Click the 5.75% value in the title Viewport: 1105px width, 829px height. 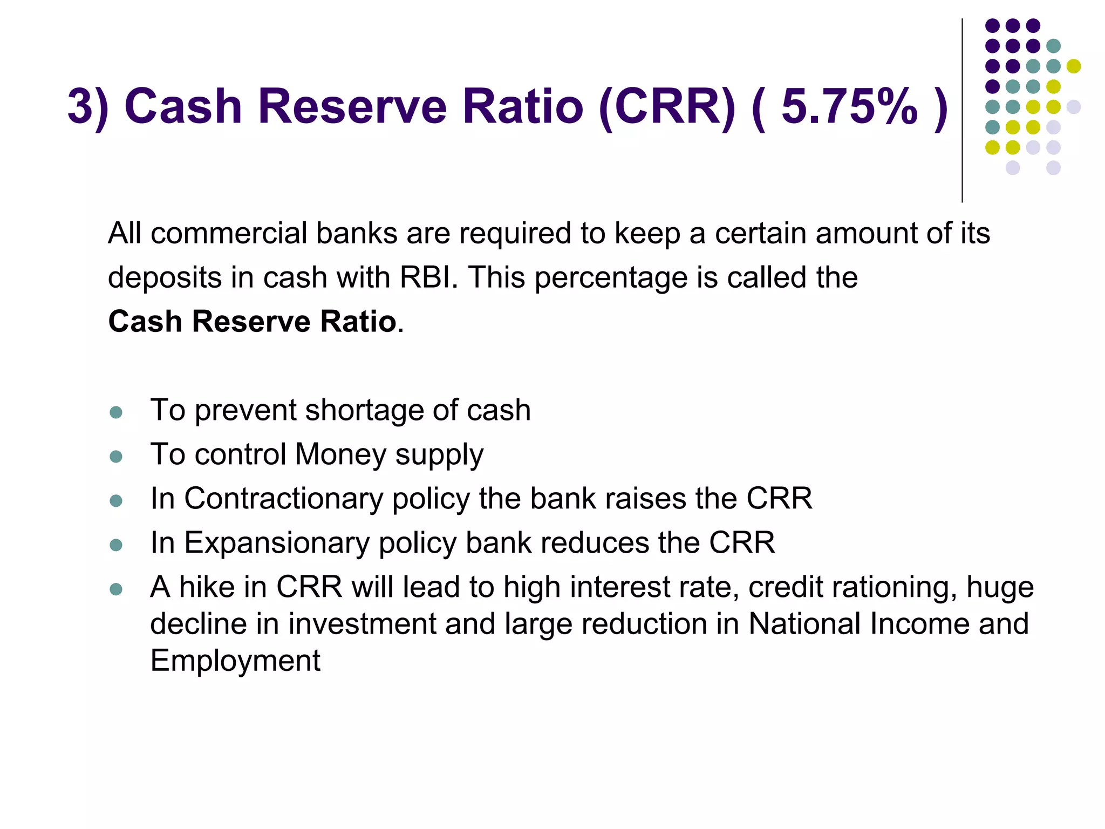[x=849, y=106]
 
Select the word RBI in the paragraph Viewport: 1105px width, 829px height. [x=427, y=277]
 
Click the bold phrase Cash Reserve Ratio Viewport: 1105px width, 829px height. [x=253, y=322]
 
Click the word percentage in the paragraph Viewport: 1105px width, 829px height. [x=611, y=278]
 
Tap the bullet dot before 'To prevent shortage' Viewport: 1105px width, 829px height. [x=116, y=413]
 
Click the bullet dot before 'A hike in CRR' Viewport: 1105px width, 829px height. [x=116, y=589]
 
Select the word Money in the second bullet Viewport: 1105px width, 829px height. [x=340, y=454]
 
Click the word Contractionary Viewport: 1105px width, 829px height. [x=283, y=498]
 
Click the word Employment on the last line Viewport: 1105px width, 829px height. [x=235, y=661]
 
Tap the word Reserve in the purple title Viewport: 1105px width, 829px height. [x=352, y=106]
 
